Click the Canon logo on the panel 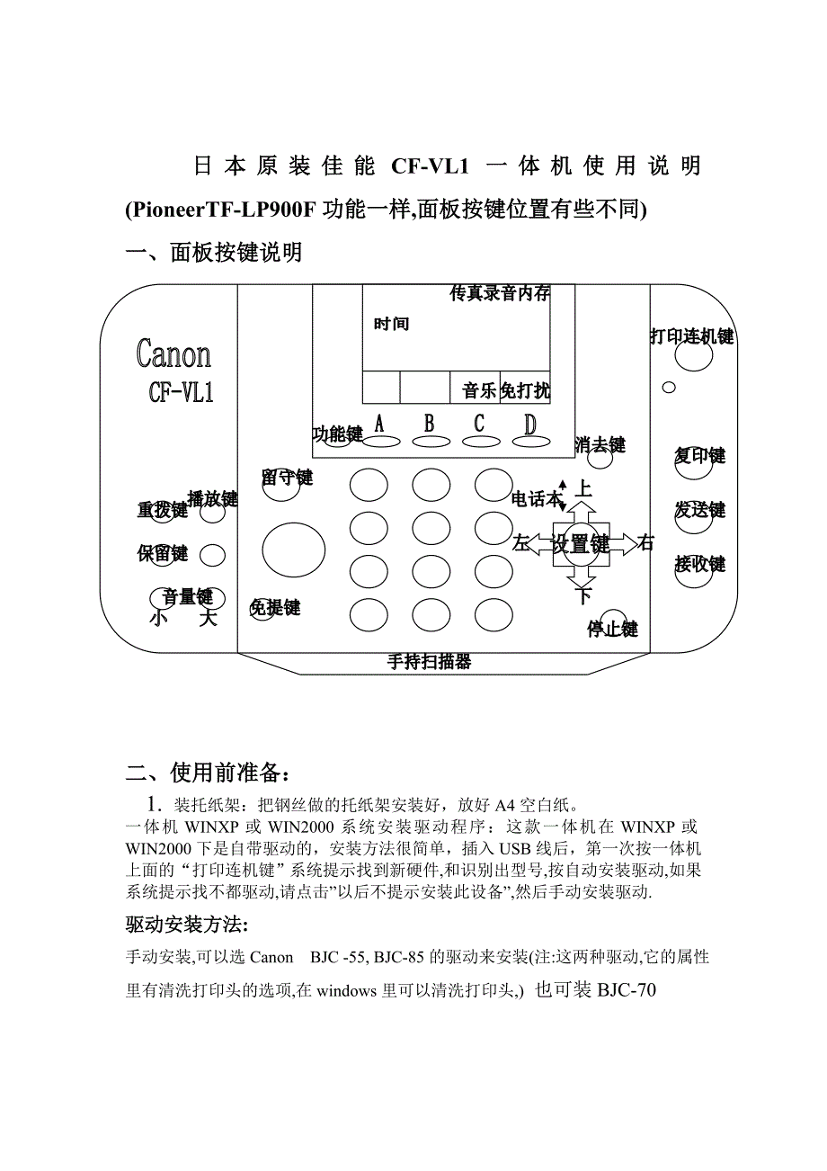(x=173, y=354)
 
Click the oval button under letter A (x=381, y=442)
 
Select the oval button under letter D (x=530, y=442)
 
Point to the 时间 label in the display (x=391, y=324)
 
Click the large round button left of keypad (x=294, y=550)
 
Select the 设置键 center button (x=581, y=544)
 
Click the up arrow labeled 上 (x=581, y=511)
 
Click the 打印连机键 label (x=691, y=336)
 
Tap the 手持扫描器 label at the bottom (x=430, y=662)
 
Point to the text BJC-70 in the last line (x=627, y=990)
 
